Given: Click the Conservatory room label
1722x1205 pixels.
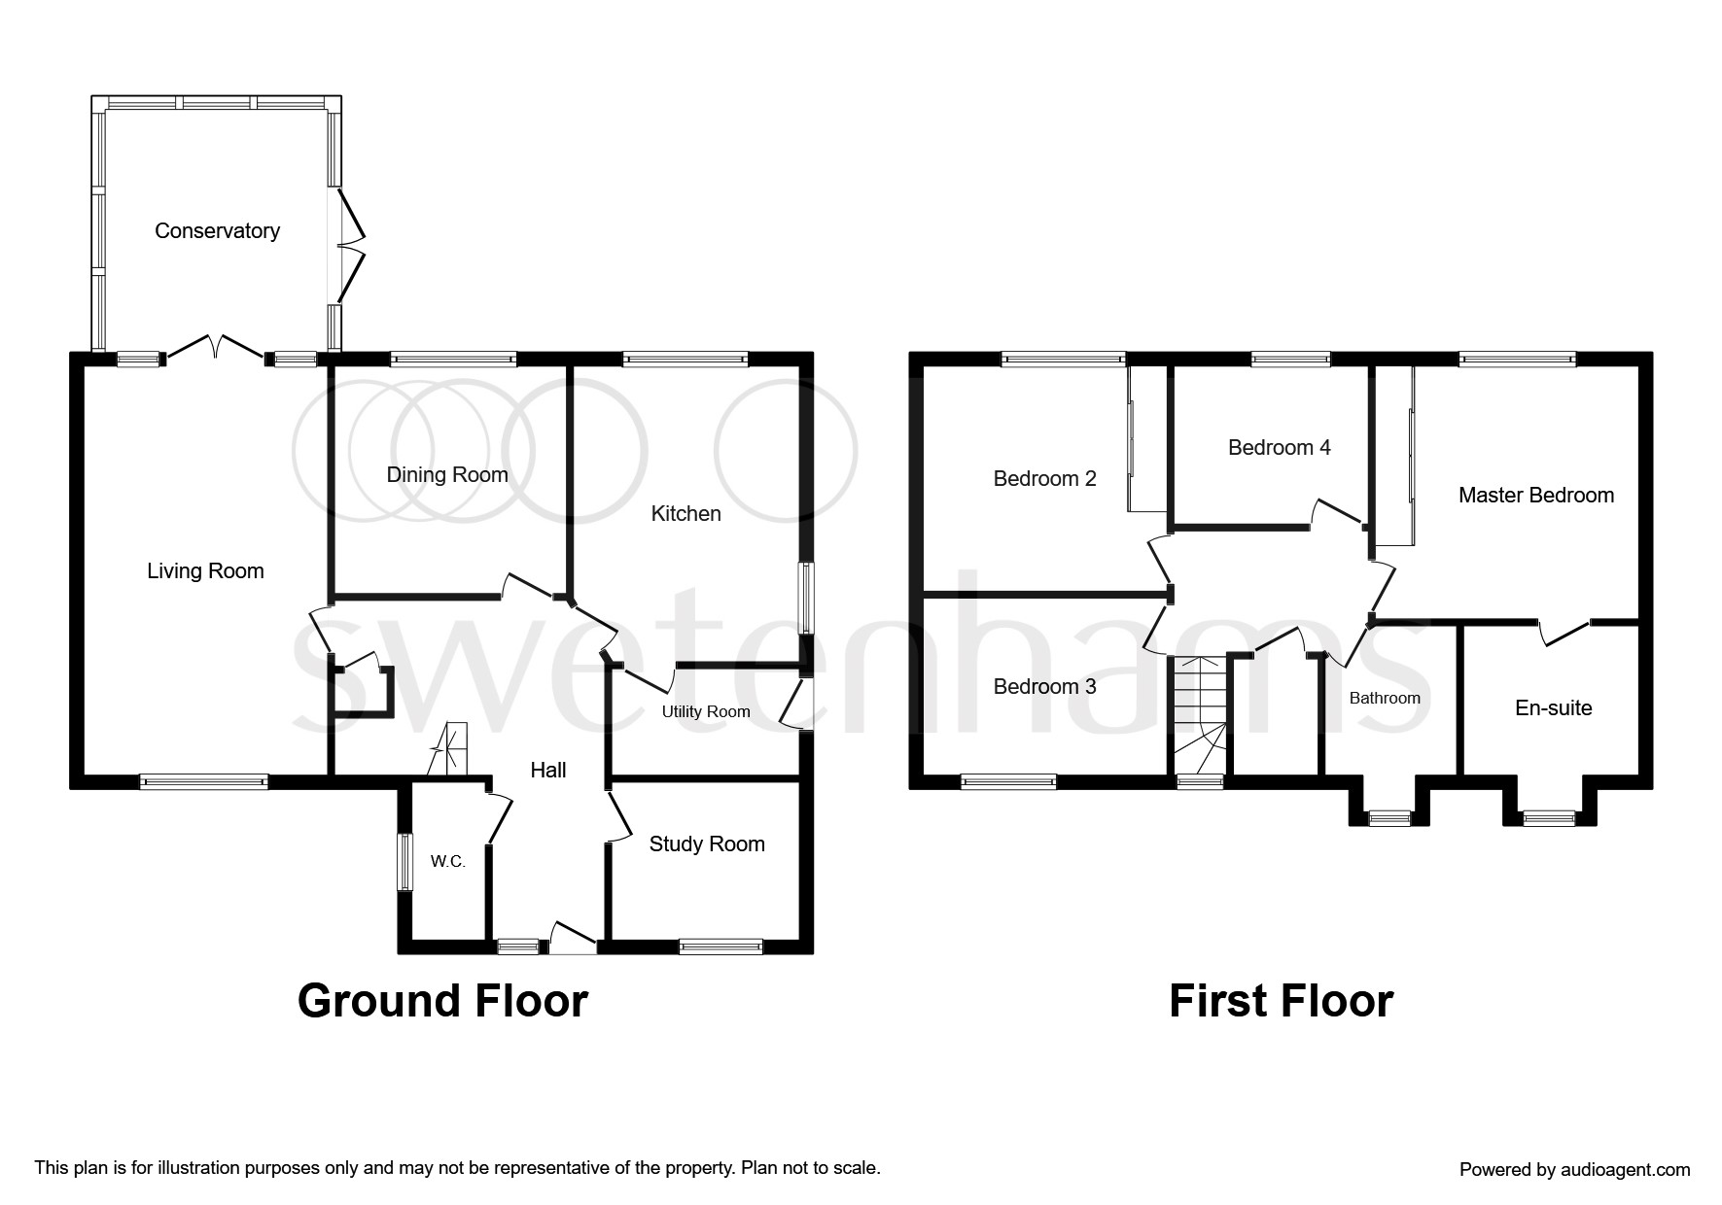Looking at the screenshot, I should [217, 231].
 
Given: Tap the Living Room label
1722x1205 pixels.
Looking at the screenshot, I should [205, 571].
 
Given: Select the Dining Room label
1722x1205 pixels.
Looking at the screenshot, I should [447, 475].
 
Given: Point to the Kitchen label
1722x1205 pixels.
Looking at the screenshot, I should [685, 514].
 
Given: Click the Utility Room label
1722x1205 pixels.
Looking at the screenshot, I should [706, 712].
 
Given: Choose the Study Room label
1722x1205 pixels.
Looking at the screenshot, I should [707, 844].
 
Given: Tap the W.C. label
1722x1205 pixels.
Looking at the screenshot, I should [448, 862].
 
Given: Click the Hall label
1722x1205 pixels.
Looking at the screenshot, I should [548, 771].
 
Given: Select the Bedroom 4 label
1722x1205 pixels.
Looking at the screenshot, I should [1279, 448].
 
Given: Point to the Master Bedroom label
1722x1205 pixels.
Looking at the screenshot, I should [1535, 496].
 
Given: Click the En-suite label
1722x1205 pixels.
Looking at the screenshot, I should [1553, 708].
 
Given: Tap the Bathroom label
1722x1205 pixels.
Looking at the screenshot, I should [1385, 699].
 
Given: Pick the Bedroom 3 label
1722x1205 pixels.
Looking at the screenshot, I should [1044, 687].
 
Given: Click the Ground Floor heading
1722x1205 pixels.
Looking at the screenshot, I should [442, 1001].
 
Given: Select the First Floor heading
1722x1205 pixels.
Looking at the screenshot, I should [1281, 1001].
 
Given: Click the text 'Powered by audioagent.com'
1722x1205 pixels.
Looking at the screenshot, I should [1574, 1170].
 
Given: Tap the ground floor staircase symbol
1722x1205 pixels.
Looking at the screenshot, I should [448, 750].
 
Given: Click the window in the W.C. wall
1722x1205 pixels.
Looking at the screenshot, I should [404, 862].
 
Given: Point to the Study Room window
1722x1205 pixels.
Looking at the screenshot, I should [720, 946].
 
